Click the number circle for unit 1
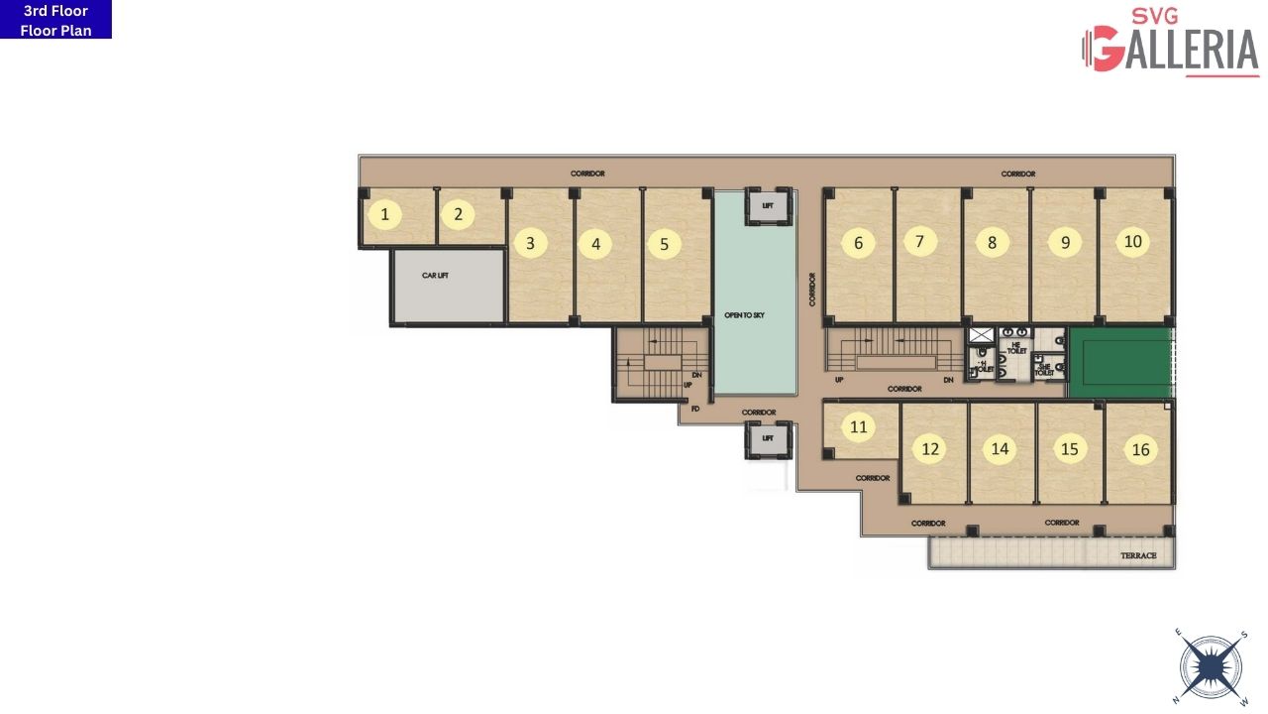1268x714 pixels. (385, 213)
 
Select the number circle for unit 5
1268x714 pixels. (664, 244)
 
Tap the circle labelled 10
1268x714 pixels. (1133, 241)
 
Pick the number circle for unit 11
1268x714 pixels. (859, 427)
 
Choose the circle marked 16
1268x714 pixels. (1140, 449)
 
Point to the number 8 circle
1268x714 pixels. (992, 243)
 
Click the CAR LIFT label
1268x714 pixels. (435, 275)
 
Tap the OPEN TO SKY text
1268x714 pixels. (744, 315)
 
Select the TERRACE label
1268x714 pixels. (1138, 555)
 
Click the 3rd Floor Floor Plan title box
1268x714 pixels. (55, 20)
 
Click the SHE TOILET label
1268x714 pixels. (1044, 369)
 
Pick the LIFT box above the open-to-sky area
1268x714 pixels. (767, 205)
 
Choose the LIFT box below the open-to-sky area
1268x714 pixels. (767, 437)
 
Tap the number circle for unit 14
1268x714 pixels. (1000, 449)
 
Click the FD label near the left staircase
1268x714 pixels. (695, 409)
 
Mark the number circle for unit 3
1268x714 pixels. (530, 243)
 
